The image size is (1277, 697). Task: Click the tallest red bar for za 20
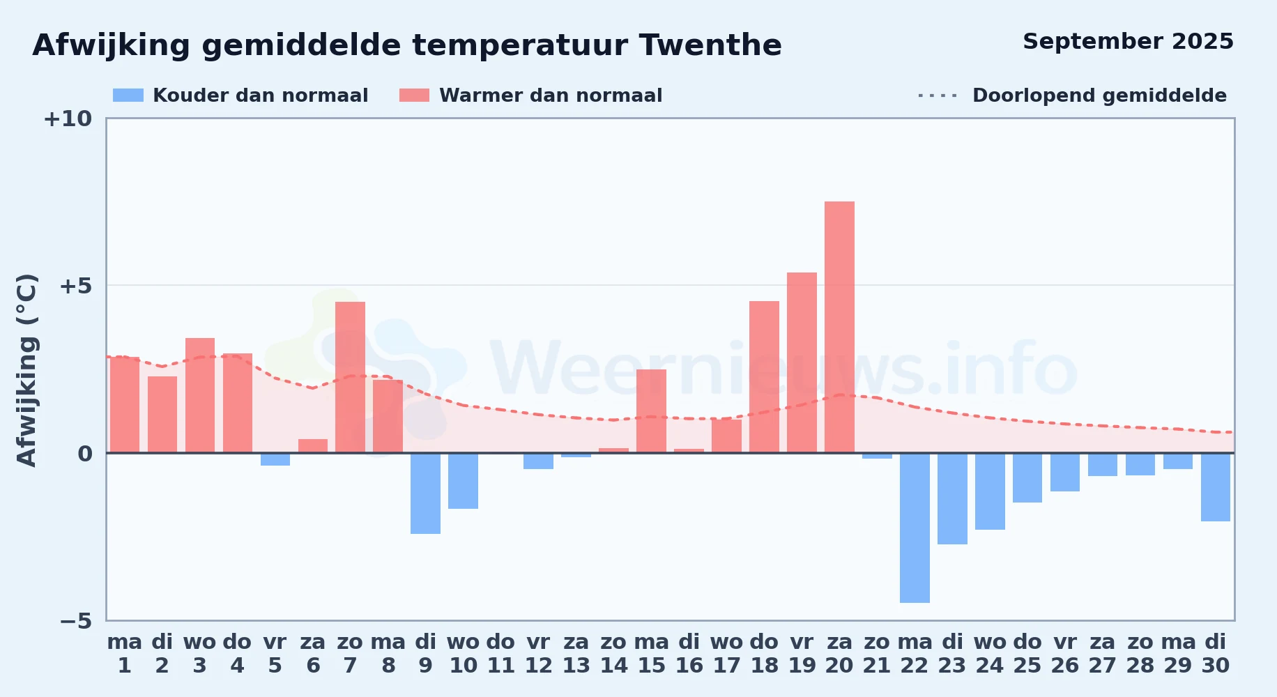point(839,327)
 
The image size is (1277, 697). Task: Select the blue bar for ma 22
point(915,528)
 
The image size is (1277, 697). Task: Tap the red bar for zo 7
point(350,377)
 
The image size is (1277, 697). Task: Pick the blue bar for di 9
point(425,493)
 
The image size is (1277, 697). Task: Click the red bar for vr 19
point(802,362)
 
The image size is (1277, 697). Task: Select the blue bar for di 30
point(1216,487)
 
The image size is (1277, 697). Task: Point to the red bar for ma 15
point(651,411)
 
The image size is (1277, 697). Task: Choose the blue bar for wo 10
point(463,481)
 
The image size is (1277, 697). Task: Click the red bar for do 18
point(764,377)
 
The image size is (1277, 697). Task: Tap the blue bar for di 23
point(952,498)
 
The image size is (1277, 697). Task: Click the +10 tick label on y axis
point(68,118)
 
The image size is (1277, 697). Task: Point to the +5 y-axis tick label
point(75,286)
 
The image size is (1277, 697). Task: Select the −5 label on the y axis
point(75,620)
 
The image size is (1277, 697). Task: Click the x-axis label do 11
point(500,654)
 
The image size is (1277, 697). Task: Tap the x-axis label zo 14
point(613,654)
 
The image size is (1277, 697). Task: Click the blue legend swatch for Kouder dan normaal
point(128,95)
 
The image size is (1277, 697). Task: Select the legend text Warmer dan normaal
point(551,95)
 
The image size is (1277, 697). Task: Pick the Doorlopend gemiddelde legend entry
point(1072,95)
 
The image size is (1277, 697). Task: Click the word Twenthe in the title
point(710,45)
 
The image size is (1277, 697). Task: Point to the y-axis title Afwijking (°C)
point(26,369)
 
